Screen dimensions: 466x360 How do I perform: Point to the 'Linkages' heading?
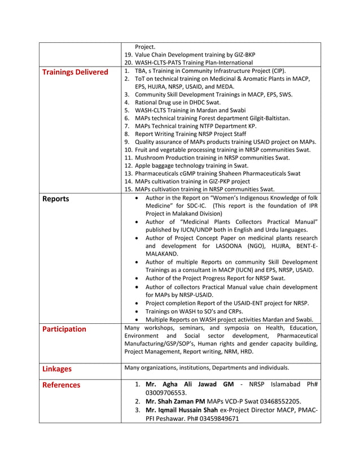[x=57, y=369]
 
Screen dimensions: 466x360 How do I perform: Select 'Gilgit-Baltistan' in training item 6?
[x=266, y=118]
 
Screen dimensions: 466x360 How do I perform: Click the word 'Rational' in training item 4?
[x=147, y=103]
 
